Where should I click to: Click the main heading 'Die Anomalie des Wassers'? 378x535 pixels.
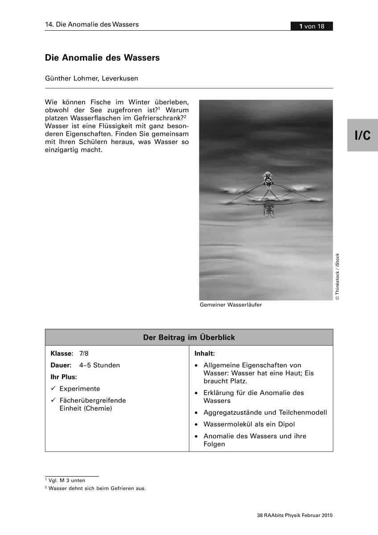[x=102, y=58]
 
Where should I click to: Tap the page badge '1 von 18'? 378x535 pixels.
[x=312, y=26]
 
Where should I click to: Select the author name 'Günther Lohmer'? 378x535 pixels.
[x=71, y=78]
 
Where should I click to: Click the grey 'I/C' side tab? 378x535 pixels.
[x=362, y=135]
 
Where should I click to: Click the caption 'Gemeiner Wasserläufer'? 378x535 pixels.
[x=230, y=305]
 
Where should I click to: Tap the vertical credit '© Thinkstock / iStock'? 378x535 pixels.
[x=337, y=276]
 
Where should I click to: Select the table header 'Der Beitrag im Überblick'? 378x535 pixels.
[x=189, y=337]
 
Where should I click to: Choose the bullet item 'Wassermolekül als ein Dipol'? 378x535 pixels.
[x=249, y=424]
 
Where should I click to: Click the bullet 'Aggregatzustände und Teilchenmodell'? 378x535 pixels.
[x=265, y=412]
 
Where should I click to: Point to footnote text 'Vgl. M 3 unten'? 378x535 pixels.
[x=66, y=480]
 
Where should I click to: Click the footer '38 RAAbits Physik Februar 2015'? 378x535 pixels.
[x=295, y=515]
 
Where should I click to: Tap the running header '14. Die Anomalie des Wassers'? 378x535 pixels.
[x=92, y=24]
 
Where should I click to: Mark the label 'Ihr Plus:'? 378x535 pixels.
[x=64, y=377]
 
